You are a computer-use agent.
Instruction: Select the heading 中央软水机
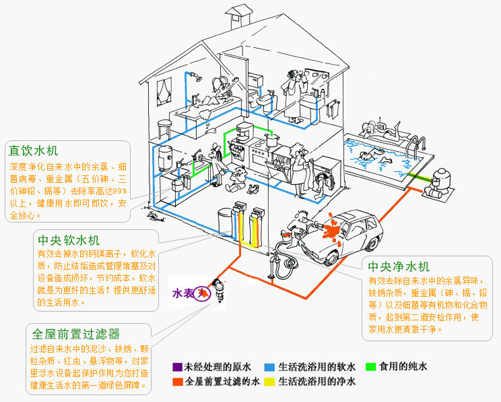(x=69, y=240)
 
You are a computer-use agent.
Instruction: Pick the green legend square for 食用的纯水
(x=370, y=368)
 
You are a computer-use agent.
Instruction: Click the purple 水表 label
(x=184, y=293)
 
